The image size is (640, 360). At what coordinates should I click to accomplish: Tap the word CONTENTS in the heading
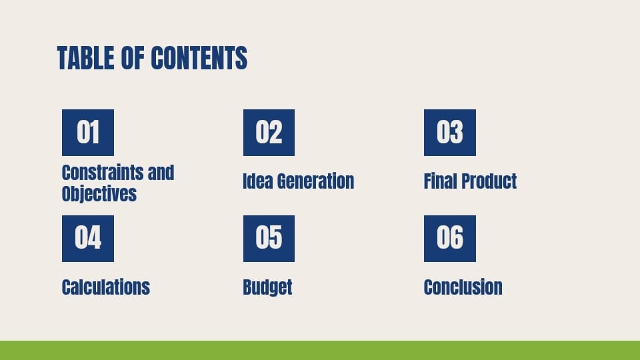tap(199, 59)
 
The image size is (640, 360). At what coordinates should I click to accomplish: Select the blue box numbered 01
tap(88, 133)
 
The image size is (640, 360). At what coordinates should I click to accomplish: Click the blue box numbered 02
tap(269, 133)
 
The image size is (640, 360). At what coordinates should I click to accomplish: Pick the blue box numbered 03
tap(450, 133)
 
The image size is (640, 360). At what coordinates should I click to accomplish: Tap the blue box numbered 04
tap(88, 238)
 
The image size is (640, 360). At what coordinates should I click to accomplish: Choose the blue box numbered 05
tap(269, 238)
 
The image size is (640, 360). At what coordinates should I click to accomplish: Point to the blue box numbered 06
tap(450, 238)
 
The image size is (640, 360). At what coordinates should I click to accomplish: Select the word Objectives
tap(99, 194)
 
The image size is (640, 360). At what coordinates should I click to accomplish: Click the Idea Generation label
tap(298, 181)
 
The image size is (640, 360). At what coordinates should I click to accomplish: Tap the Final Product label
tap(470, 181)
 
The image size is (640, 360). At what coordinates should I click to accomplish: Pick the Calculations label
tap(105, 287)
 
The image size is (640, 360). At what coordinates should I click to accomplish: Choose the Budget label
tap(267, 287)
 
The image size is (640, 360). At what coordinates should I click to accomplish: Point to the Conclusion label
tap(463, 287)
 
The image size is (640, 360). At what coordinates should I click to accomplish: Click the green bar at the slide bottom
tap(320, 350)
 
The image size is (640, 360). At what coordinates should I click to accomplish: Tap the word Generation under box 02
tap(315, 181)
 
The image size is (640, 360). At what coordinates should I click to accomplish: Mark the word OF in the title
tap(133, 59)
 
